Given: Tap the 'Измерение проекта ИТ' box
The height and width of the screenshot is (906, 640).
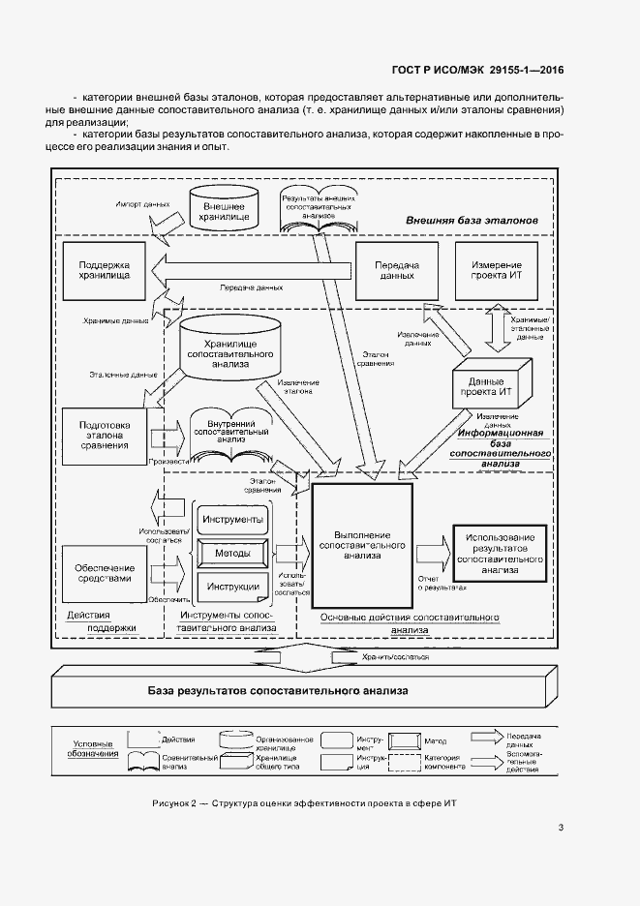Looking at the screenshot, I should pos(496,270).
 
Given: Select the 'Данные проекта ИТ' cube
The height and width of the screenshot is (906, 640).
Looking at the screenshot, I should pos(489,389).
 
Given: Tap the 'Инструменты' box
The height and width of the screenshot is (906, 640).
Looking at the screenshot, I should pos(232,520).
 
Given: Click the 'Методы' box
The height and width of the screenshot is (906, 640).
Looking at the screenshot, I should pos(232,553).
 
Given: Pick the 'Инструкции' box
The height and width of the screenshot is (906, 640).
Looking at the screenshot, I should pos(232,587).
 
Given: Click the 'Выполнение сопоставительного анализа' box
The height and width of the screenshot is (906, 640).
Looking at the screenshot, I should pos(361,546).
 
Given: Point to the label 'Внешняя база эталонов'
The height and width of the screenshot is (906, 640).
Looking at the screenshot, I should pos(470,222).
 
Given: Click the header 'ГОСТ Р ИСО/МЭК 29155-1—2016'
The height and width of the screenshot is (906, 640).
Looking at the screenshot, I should pos(477,70).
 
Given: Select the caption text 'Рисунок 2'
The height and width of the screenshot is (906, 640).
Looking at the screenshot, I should pos(174,804).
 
